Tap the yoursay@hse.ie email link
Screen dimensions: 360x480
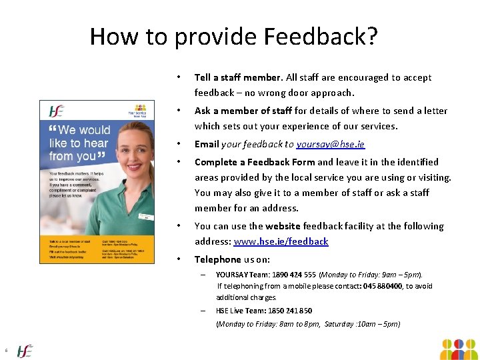[331, 144]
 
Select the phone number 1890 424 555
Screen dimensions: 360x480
[290, 274]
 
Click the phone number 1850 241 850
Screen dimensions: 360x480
[291, 311]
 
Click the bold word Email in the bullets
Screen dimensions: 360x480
[207, 144]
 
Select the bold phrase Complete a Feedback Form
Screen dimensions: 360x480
[255, 162]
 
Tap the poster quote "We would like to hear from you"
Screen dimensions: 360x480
[79, 143]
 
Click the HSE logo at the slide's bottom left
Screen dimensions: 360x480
[25, 350]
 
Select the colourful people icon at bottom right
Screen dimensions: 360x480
[459, 349]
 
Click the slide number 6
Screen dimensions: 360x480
[5, 351]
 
